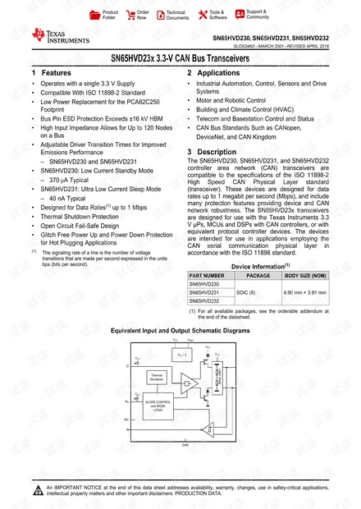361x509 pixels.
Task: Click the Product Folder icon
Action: coord(94,14)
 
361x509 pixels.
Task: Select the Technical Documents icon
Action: coord(158,14)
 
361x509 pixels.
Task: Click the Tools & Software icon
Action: coord(201,14)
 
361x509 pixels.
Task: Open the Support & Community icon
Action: coord(238,14)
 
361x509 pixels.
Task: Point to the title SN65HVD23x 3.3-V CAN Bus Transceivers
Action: coord(180,58)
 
